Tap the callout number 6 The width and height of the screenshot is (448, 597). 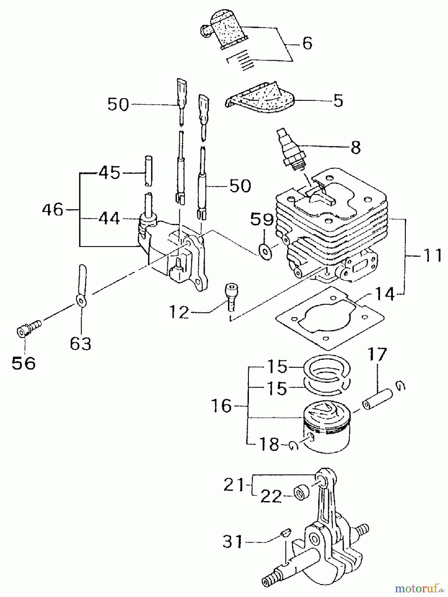pyautogui.click(x=307, y=43)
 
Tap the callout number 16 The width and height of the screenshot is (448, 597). pyautogui.click(x=222, y=406)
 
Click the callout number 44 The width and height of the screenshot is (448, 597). pyautogui.click(x=109, y=219)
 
